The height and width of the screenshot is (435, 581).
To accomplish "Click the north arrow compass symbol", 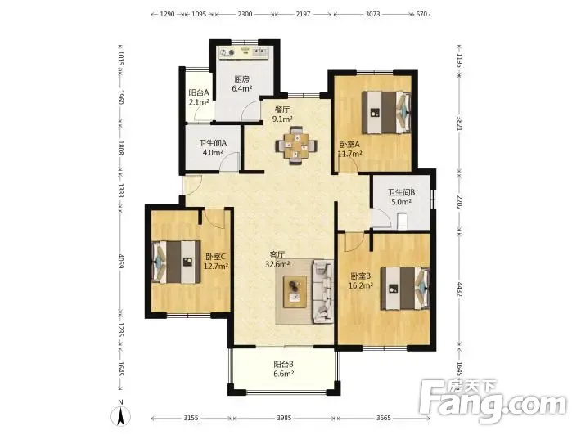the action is [x=121, y=414].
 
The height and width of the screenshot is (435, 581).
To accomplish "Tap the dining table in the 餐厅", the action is [x=295, y=145].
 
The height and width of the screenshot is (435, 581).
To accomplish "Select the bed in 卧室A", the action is [x=386, y=112].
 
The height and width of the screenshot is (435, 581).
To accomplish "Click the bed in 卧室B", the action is [x=405, y=289].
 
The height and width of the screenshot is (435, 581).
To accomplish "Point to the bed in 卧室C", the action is [x=176, y=262].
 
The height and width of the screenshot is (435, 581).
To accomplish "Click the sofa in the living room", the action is [x=323, y=291].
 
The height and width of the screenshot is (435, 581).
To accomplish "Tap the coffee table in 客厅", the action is [x=295, y=292].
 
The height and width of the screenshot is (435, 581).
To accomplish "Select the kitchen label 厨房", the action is [x=242, y=78].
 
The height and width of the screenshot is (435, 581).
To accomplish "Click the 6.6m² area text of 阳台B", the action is [x=284, y=374].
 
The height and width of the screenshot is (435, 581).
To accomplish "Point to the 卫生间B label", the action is [x=401, y=192].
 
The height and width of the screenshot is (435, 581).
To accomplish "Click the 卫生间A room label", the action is [x=213, y=142].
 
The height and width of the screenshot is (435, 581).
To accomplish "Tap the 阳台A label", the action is [x=199, y=92].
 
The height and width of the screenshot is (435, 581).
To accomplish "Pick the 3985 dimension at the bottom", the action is [x=284, y=418].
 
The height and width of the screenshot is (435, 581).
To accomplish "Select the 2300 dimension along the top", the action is [x=245, y=14].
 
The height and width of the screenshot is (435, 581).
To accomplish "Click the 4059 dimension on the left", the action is [x=120, y=261].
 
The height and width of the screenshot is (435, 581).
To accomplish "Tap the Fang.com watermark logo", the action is [x=493, y=401].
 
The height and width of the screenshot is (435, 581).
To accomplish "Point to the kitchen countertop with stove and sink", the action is [x=243, y=52].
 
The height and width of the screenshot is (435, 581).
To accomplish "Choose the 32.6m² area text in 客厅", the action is [x=277, y=264].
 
